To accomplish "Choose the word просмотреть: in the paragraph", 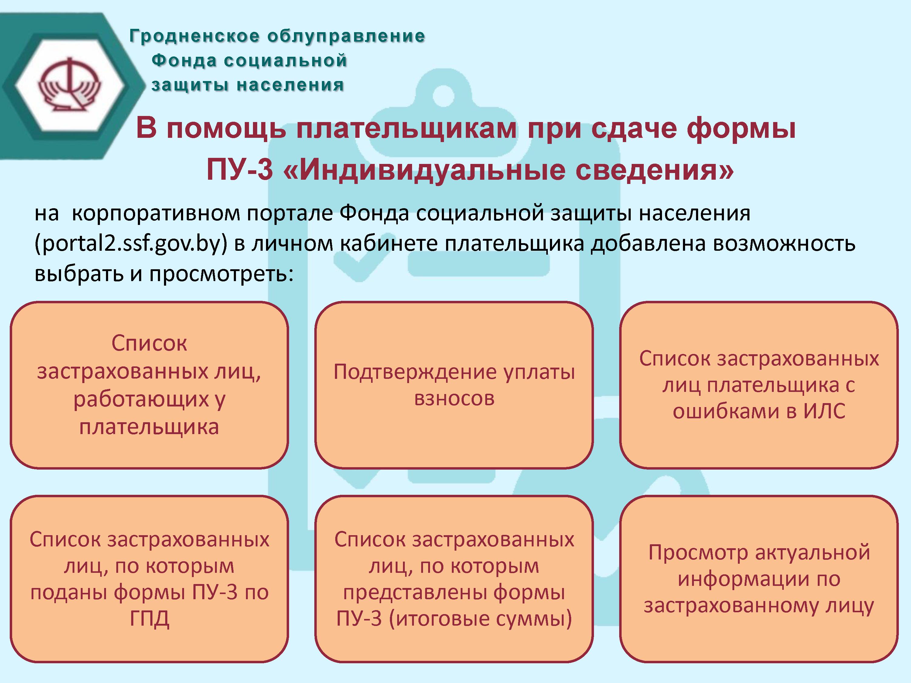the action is pyautogui.click(x=222, y=274).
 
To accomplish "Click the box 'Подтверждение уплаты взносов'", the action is pyautogui.click(x=454, y=385).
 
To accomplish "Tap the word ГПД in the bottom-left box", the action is pyautogui.click(x=149, y=618).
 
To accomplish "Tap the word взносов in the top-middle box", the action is pyautogui.click(x=454, y=399).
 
